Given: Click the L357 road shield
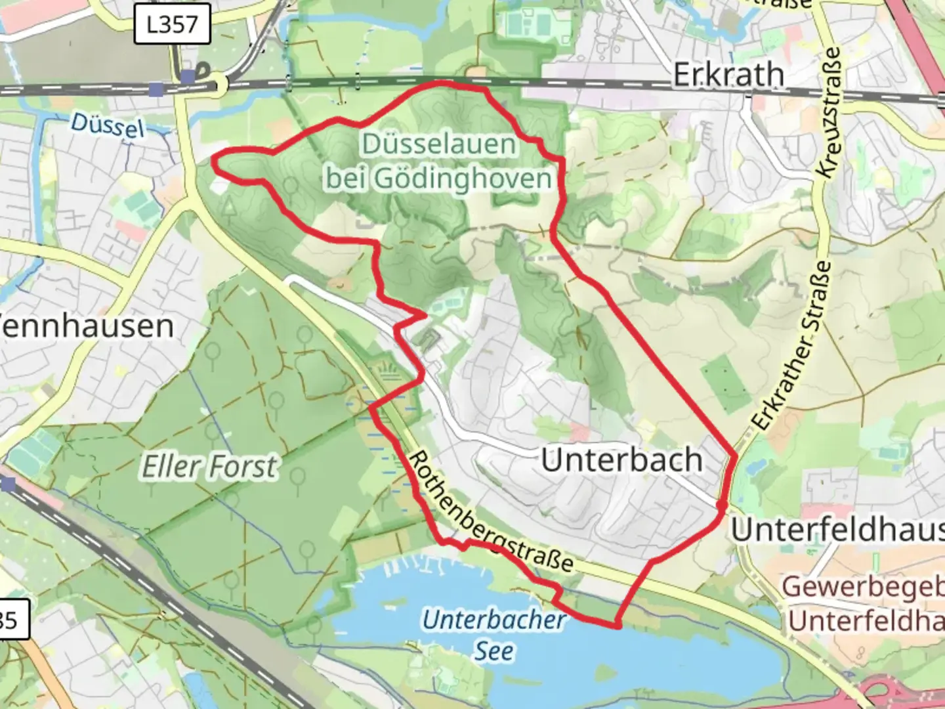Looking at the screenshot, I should click(172, 25).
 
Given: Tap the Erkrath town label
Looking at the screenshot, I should click(728, 75).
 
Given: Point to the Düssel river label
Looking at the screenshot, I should click(107, 125).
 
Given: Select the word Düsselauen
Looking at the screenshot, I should click(438, 144).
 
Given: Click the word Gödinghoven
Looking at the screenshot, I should click(438, 178).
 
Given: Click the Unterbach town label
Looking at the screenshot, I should click(621, 460).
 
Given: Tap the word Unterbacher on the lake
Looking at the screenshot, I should click(493, 619).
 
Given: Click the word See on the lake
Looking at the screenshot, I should click(494, 651).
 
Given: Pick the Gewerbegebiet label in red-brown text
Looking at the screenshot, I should click(863, 586).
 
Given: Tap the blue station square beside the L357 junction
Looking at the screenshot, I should click(188, 77).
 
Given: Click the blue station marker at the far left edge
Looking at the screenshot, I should click(8, 484).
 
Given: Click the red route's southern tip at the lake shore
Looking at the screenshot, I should click(618, 626).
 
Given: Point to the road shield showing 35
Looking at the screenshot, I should click(12, 619).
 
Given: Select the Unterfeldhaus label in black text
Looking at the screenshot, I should click(837, 529).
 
